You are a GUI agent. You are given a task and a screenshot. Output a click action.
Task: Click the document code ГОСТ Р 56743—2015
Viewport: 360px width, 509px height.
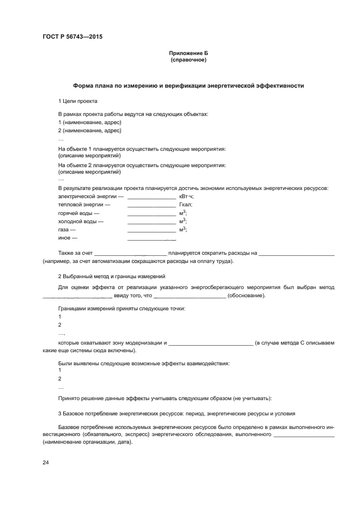pos(72,37)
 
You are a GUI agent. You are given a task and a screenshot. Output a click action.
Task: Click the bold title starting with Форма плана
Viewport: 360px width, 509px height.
pos(188,85)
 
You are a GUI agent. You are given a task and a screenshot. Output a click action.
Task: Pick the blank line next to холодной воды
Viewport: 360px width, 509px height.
pos(151,223)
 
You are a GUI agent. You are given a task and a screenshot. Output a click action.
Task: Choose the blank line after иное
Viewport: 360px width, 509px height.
pos(151,240)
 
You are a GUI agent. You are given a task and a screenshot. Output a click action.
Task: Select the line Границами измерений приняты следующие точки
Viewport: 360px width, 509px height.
pos(121,309)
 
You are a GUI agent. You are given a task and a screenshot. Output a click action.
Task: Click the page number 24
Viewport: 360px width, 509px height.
pos(46,462)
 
